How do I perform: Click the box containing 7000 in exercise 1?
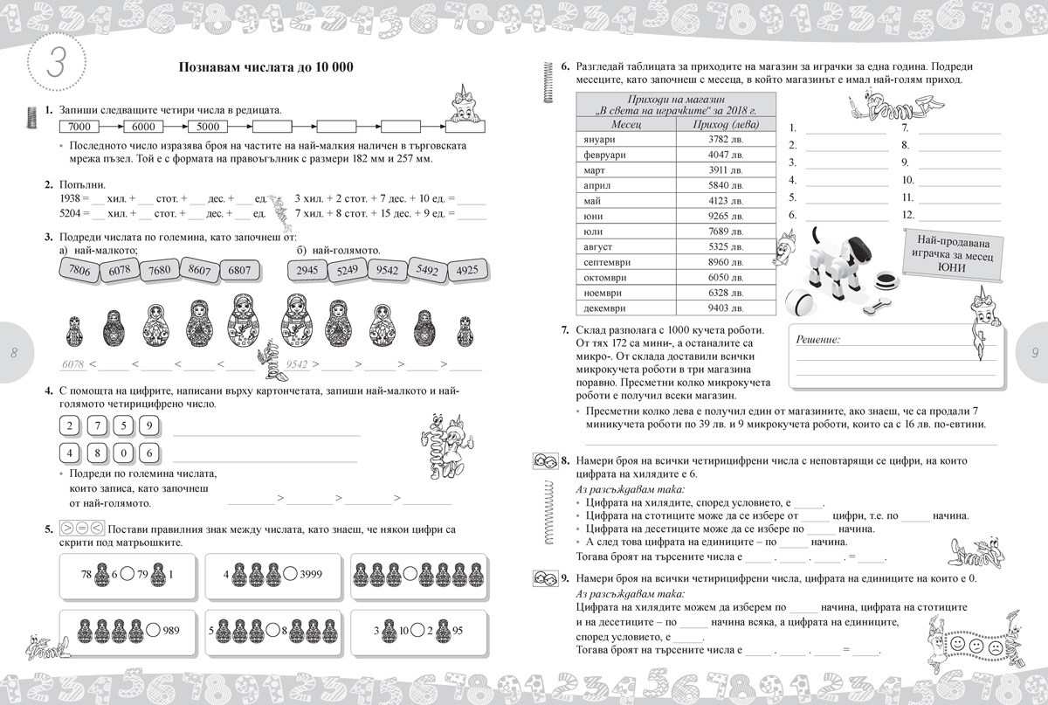[x=79, y=127]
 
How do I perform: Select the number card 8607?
[x=199, y=271]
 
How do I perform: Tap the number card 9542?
[x=386, y=271]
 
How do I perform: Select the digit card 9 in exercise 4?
[x=150, y=427]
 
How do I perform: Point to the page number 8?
[x=15, y=353]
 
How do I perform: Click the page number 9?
[x=1033, y=353]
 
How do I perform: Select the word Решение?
[x=817, y=339]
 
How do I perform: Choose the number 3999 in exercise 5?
[x=312, y=575]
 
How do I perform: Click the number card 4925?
[x=467, y=271]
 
